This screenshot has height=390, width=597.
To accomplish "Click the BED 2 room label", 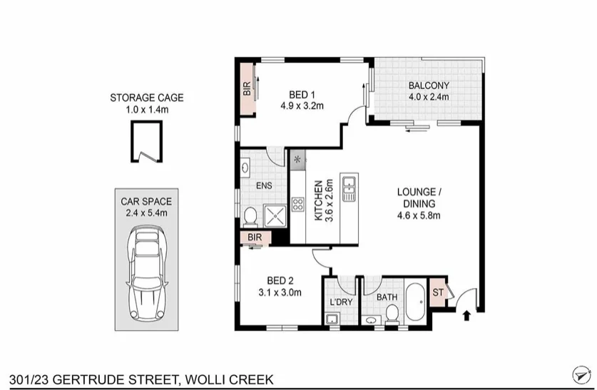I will pos(280,279).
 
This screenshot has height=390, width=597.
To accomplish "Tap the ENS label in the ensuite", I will pos(265,186).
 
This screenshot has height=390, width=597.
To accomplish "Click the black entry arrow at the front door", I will pos(467,314).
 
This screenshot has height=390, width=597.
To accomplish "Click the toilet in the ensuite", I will pos(250,216).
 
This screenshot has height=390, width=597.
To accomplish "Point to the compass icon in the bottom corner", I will pos(581,374).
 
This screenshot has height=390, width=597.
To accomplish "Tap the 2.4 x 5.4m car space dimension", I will pos(146,212).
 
